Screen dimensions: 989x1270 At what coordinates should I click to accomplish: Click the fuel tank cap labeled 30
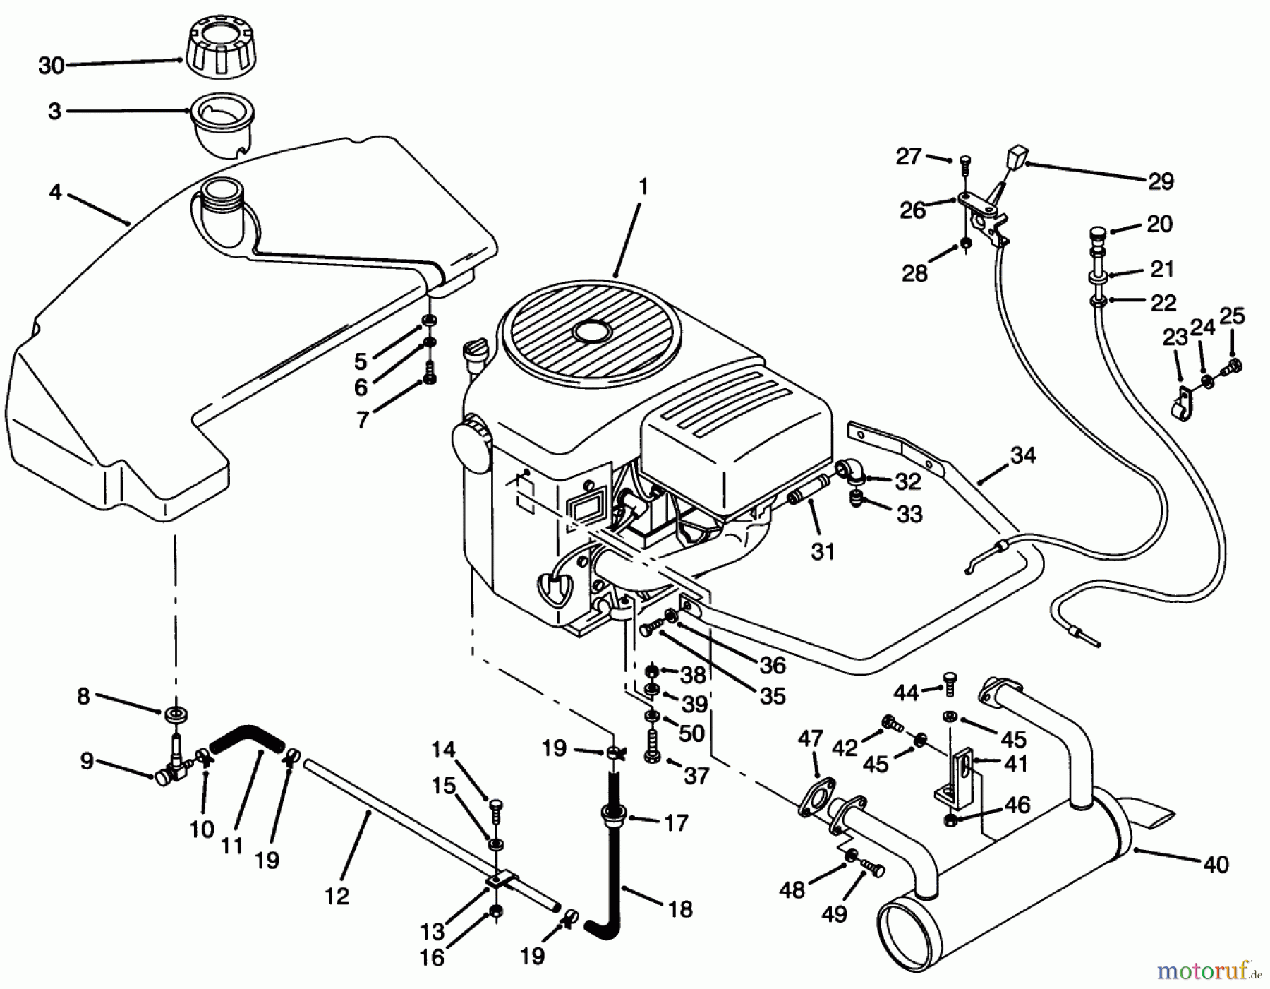(x=217, y=50)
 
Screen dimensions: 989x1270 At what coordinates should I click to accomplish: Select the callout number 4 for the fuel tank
(x=55, y=191)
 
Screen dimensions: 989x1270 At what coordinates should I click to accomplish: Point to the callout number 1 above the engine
(x=642, y=188)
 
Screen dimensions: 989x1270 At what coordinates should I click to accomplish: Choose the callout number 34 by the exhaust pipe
(x=1022, y=455)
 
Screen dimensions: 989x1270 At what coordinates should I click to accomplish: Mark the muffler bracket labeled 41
(x=960, y=777)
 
